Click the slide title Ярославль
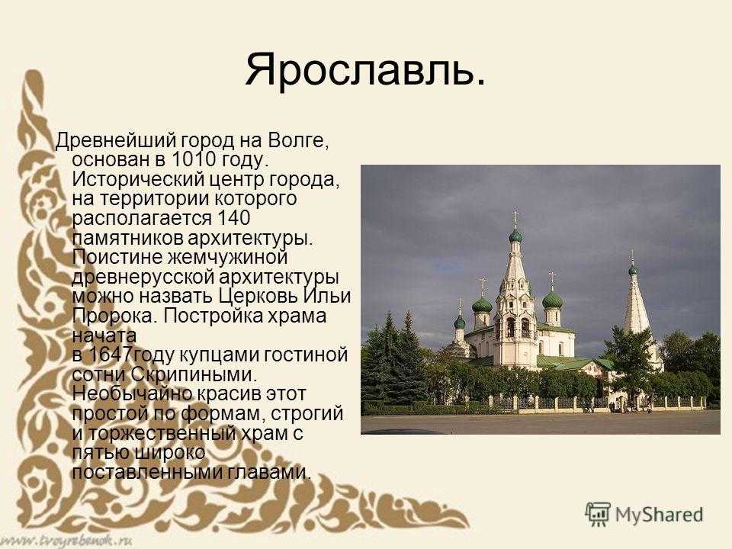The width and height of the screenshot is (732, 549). pos(365,69)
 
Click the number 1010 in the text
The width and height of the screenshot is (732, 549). pos(194,159)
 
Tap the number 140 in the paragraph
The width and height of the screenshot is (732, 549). pos(234,218)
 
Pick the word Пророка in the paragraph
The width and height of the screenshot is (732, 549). pos(113,316)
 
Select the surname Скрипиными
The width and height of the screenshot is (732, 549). pos(194,375)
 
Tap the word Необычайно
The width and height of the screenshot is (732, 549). pos(132,394)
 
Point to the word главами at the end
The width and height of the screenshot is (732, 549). pos(269,473)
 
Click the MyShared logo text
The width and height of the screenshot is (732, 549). pos(659,515)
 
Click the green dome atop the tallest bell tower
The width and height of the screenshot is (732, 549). pos(515,236)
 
